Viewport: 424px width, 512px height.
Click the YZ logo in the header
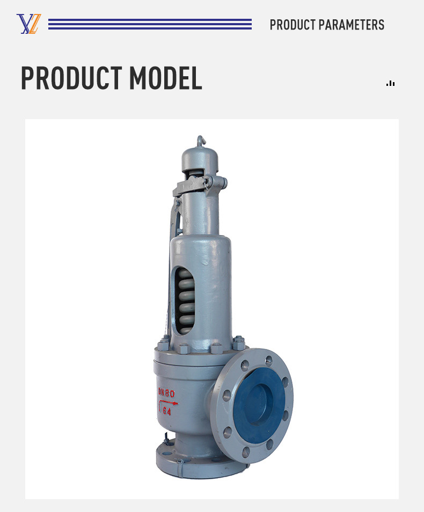(28, 24)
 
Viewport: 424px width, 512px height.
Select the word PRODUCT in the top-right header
(293, 25)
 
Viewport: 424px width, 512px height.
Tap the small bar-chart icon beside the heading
(390, 83)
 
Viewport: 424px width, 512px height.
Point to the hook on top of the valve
(201, 141)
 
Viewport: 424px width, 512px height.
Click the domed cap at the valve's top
(201, 158)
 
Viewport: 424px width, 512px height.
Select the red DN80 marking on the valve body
(166, 393)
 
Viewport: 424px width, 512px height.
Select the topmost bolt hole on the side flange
(268, 361)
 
